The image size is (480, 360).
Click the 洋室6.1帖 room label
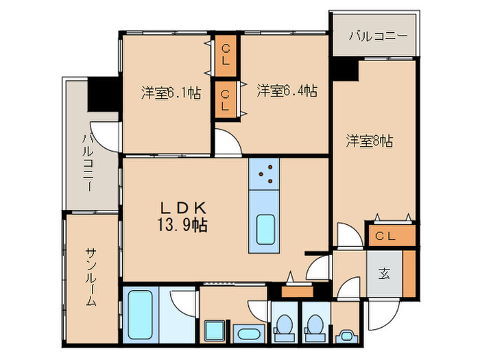point(171,93)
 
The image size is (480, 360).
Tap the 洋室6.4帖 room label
point(287,91)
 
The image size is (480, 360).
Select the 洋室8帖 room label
point(370,141)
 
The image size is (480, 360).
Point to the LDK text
point(184,208)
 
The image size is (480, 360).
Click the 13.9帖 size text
point(182,226)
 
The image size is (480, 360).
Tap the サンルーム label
point(91,277)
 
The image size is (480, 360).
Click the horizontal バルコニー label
point(379,36)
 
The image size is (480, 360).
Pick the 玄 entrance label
point(384,274)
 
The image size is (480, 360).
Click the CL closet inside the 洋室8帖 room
point(392,236)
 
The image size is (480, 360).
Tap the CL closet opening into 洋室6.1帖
point(226,56)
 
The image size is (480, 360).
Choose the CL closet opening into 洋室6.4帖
point(226,99)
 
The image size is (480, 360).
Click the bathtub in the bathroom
point(140,314)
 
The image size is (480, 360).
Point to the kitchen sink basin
point(265,230)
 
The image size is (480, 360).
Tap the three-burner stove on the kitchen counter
point(264,174)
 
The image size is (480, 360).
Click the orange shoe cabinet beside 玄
point(409,274)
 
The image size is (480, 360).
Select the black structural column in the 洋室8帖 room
point(346,71)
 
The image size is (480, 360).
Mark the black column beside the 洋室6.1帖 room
point(103,94)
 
